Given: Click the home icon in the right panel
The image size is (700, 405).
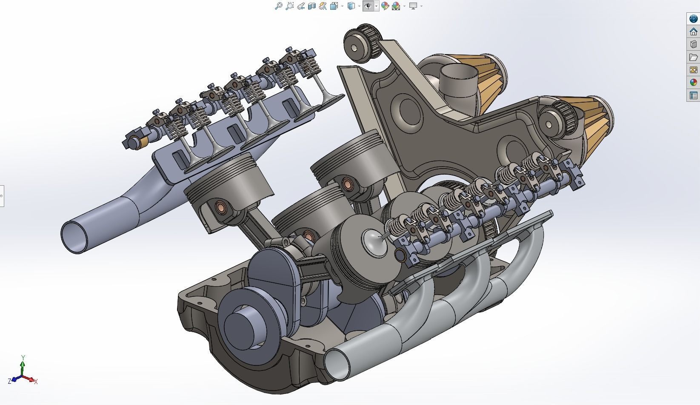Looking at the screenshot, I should (694, 32).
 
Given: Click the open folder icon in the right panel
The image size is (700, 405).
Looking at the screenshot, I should (694, 57).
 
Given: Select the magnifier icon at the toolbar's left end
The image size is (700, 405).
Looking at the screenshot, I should (278, 6).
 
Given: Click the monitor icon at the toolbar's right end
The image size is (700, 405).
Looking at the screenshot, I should (413, 6).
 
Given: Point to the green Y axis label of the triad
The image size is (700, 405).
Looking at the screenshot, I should (23, 357).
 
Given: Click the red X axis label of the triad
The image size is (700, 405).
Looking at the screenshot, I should (36, 382).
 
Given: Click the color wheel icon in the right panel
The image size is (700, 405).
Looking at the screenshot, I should (694, 83).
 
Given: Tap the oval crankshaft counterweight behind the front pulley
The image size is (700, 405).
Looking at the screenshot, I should (272, 281).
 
